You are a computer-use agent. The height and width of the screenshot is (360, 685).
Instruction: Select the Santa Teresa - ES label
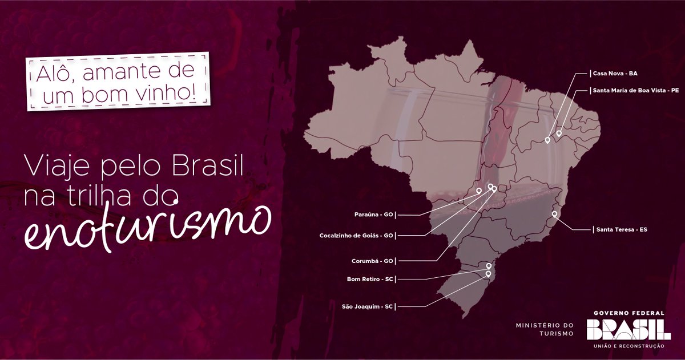[622, 229]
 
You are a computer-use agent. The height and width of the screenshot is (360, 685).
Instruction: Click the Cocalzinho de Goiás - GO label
[357, 235]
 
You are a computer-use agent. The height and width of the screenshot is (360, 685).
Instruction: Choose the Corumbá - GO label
[372, 261]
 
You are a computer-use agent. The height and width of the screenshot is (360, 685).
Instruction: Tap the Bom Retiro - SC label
[370, 279]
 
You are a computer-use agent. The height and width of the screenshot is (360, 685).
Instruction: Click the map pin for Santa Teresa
[554, 214]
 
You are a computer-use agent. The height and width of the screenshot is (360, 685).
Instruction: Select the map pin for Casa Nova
[547, 139]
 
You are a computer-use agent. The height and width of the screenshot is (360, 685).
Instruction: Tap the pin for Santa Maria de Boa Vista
[559, 133]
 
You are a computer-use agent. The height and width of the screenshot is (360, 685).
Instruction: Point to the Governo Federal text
[628, 313]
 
